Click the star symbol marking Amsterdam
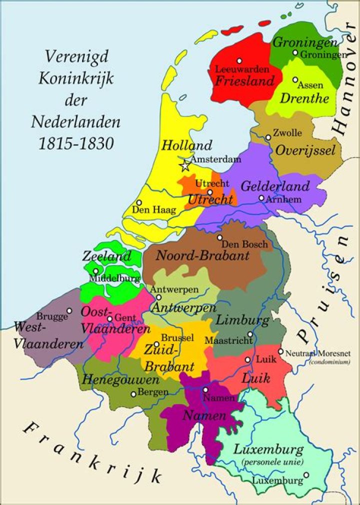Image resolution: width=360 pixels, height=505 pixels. point(185,165)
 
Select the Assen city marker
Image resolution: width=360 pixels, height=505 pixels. point(295,79)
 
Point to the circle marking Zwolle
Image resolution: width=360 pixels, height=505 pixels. point(268,137)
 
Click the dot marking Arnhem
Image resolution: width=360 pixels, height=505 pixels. point(261,198)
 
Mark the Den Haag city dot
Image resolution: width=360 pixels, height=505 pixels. point(138,202)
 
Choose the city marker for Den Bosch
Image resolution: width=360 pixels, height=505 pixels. point(219,237)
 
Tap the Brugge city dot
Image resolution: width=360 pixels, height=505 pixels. point(69,310)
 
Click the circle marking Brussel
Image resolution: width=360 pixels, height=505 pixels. point(156,344)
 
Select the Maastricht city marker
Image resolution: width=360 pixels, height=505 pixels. point(250,334)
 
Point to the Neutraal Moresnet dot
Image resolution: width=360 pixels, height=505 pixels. point(280,351)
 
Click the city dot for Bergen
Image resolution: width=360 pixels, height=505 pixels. point(133,394)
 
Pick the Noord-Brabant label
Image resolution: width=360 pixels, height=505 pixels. point(202,255)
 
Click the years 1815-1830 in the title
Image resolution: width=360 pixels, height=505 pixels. point(76,143)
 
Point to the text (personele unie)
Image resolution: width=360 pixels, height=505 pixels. point(272,462)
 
